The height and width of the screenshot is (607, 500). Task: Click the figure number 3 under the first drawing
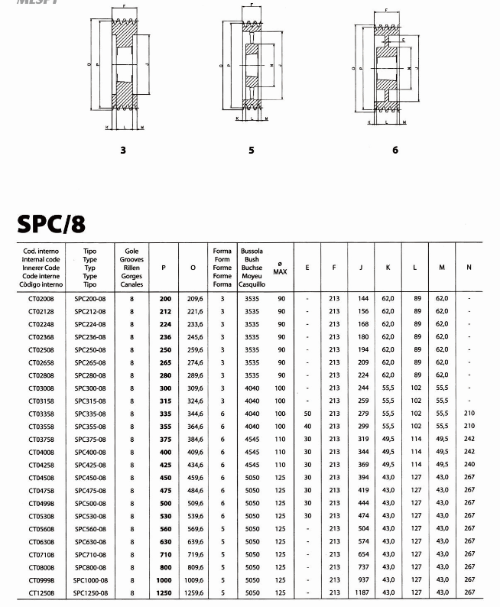(123, 151)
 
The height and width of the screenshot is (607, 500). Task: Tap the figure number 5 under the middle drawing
(252, 151)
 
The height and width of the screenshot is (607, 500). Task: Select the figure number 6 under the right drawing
(395, 151)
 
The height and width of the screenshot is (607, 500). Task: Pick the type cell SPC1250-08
(91, 592)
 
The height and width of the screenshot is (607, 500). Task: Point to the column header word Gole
(131, 250)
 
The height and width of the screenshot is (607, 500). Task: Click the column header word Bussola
(252, 250)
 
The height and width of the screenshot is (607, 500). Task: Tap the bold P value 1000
(164, 579)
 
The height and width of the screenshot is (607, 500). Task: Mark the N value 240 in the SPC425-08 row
(469, 465)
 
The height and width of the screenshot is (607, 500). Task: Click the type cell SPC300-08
(89, 388)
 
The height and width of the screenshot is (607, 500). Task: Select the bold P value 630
(164, 541)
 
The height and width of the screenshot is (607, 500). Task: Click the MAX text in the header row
(281, 272)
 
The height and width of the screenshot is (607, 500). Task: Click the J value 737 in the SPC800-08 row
(362, 566)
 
